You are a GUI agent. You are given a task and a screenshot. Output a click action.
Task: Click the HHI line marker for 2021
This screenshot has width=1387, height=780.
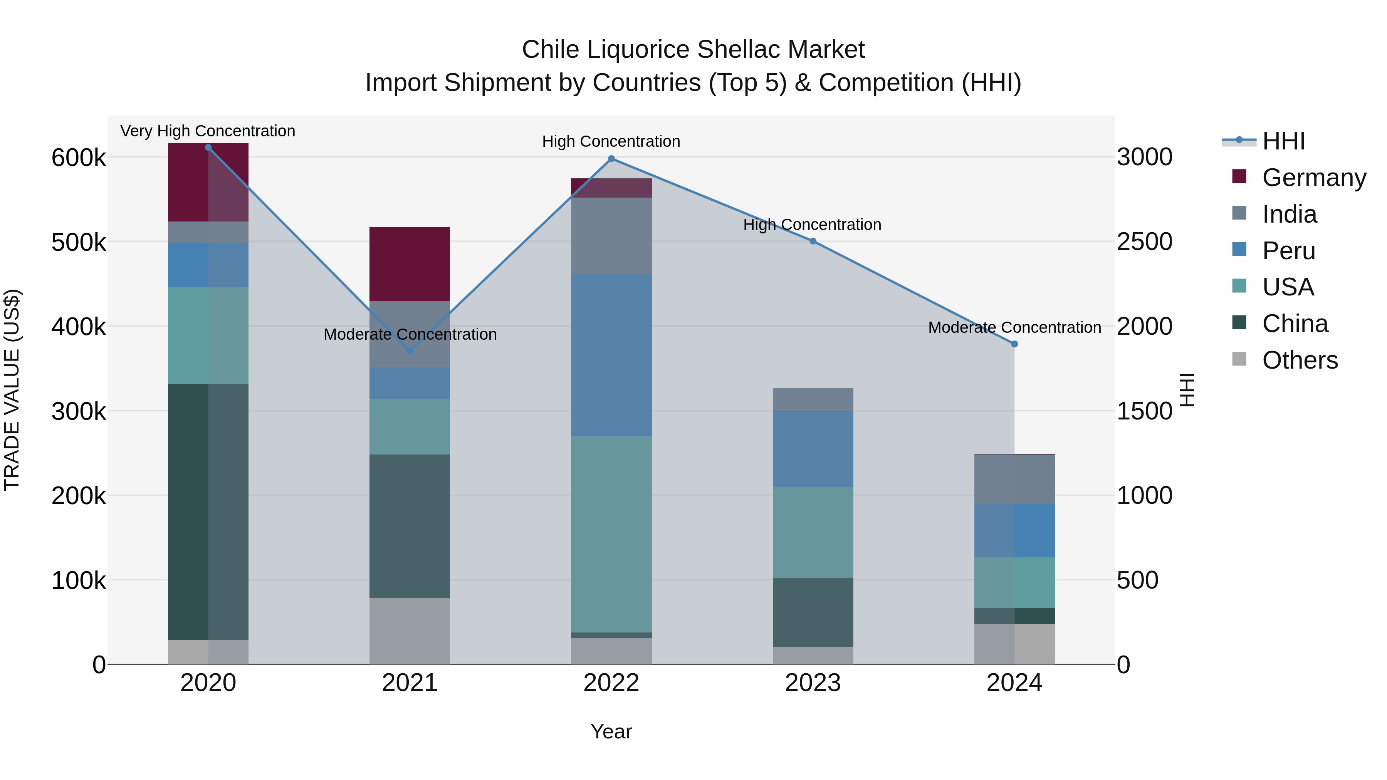click(410, 351)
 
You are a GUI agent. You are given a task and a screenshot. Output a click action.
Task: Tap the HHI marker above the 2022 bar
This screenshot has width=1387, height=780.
click(611, 159)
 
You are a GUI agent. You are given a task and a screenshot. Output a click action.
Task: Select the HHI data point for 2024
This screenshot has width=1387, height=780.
click(1014, 344)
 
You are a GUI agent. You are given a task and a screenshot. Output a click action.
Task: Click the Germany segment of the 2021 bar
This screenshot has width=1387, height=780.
click(410, 264)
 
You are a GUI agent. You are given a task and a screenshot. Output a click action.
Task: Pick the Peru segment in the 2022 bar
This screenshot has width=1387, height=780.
click(611, 355)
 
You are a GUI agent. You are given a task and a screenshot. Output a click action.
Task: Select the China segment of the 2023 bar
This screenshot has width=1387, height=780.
click(813, 612)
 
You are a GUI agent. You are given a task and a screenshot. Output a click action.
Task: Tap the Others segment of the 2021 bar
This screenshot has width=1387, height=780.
click(410, 631)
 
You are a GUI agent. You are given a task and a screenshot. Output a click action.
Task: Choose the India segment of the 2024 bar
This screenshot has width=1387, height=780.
click(1014, 480)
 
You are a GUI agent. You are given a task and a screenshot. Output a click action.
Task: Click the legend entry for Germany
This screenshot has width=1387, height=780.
click(1314, 178)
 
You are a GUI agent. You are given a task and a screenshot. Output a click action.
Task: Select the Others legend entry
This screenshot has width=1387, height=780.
click(1299, 360)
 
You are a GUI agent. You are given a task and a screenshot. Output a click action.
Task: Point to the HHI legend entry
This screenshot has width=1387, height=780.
click(1283, 141)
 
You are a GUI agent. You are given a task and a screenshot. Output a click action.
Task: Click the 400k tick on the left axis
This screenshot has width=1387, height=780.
click(79, 327)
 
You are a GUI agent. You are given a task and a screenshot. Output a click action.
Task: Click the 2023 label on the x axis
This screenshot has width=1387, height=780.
click(813, 683)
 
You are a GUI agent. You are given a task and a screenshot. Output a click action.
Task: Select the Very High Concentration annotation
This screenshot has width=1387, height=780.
click(208, 131)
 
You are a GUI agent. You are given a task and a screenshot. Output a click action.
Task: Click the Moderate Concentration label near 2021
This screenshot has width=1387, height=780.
click(410, 334)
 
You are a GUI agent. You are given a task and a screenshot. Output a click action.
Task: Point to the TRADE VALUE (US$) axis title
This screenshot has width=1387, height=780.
click(12, 390)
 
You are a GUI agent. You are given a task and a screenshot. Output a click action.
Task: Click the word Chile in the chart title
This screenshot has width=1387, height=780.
click(550, 50)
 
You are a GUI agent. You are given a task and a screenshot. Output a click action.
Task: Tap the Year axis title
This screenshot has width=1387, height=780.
click(611, 731)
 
